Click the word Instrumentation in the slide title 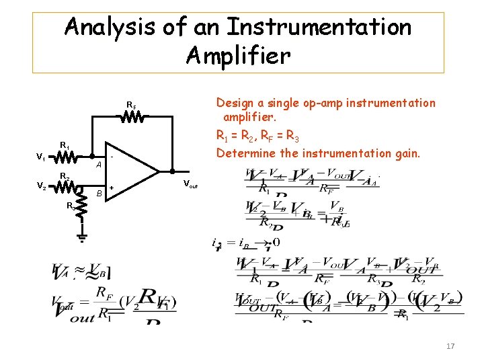click(319, 28)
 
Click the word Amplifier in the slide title click(238, 55)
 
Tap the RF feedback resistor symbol click(133, 117)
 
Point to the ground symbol click(82, 236)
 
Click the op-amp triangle click(138, 171)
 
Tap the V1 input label click(41, 158)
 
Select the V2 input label click(41, 186)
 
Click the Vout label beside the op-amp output click(192, 183)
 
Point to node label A click(98, 165)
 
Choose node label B click(98, 194)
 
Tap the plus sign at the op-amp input click(112, 188)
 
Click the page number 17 click(450, 346)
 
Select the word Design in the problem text click(235, 103)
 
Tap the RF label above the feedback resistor click(132, 105)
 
